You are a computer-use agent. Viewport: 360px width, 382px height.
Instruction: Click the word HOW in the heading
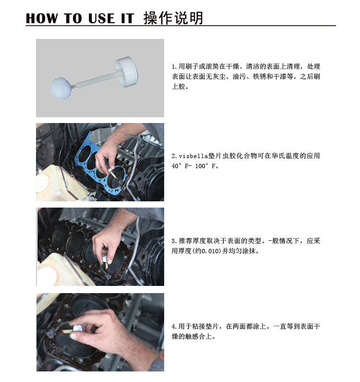pyautogui.click(x=42, y=18)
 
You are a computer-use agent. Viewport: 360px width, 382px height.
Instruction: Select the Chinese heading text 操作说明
pyautogui.click(x=173, y=18)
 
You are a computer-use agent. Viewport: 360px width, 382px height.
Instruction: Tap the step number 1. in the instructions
pyautogui.click(x=174, y=66)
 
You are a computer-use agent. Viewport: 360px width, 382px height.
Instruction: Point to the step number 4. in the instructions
pyautogui.click(x=174, y=327)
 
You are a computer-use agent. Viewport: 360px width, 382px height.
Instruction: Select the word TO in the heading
pyautogui.click(x=73, y=18)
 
